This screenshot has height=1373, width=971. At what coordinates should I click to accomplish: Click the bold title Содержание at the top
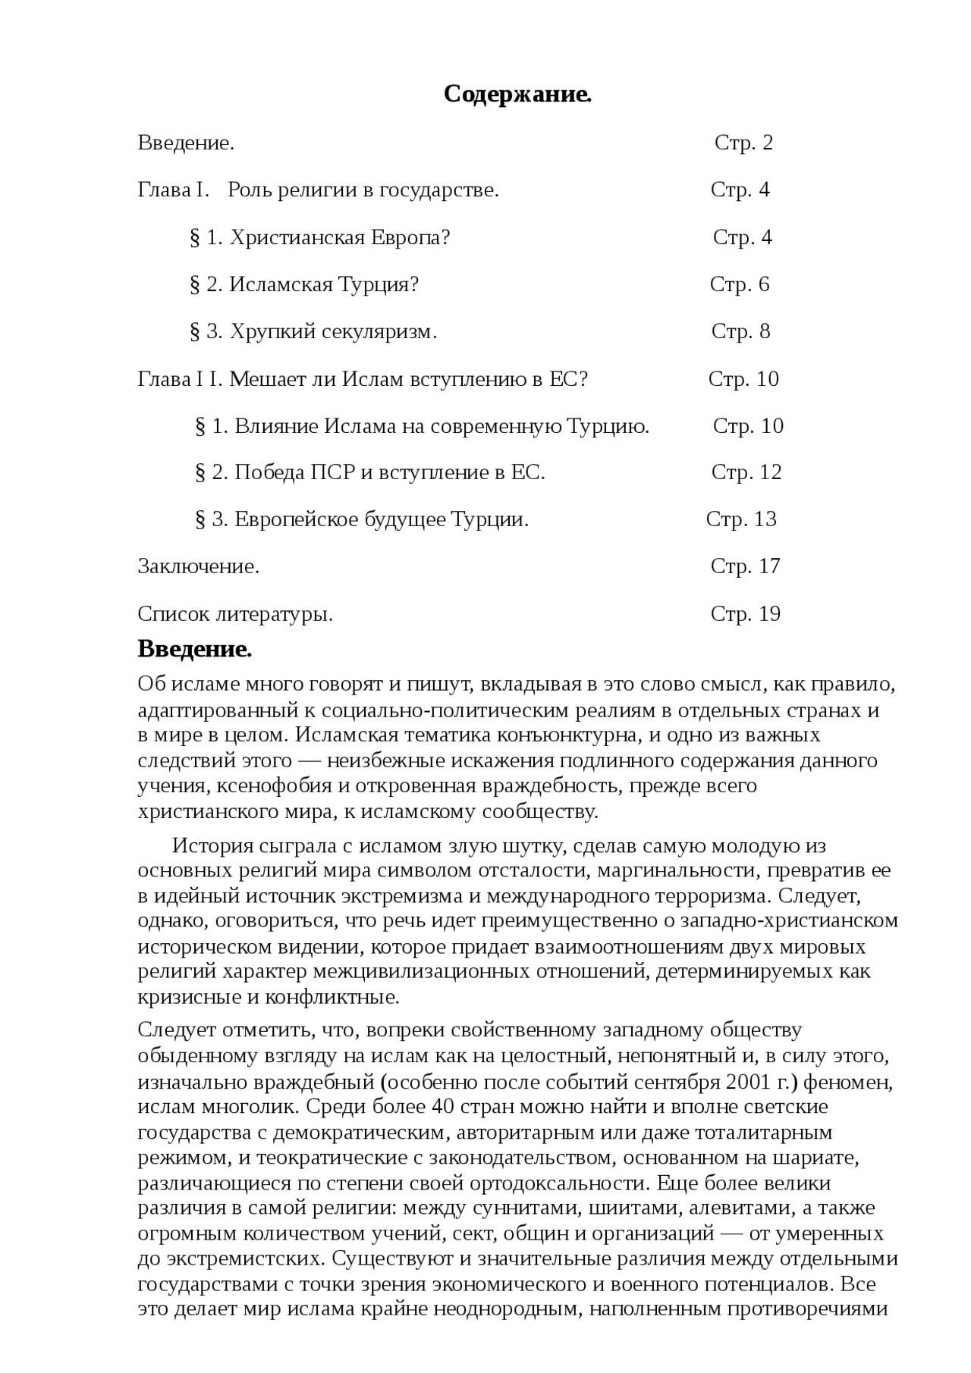tap(517, 95)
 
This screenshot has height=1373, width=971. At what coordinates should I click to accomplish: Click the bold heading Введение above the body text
tap(194, 650)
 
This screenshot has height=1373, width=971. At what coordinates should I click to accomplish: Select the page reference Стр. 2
tap(743, 143)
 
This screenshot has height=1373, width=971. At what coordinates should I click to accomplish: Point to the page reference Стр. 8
tap(740, 331)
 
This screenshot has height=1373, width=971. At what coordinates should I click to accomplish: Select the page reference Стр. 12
tap(746, 472)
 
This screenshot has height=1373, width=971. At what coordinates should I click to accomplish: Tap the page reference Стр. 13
tap(741, 519)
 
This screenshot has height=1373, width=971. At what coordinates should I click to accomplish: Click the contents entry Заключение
tap(199, 566)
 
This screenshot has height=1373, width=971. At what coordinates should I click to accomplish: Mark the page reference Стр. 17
tap(745, 566)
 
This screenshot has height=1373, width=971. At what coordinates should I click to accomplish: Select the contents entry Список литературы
tap(235, 614)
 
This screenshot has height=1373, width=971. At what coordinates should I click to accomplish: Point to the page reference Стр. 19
tap(745, 614)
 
